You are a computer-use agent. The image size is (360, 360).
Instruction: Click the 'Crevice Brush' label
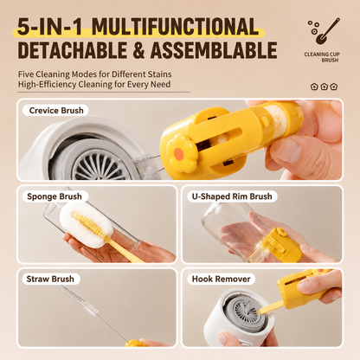click(x=56, y=111)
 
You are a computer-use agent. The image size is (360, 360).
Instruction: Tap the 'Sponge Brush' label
click(x=55, y=196)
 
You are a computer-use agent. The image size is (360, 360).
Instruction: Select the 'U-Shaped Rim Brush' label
click(x=232, y=196)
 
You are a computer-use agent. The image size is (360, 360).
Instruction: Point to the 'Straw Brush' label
click(x=50, y=279)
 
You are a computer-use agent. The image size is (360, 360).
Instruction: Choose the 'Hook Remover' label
click(x=221, y=279)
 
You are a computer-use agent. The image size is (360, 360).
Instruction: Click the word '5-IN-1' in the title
click(x=50, y=27)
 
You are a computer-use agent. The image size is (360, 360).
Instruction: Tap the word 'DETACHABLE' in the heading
click(x=72, y=50)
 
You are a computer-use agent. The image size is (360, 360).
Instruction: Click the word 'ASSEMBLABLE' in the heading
click(x=214, y=50)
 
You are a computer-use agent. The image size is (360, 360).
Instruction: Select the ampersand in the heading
click(x=138, y=50)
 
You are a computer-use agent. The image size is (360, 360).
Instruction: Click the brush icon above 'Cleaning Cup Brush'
click(x=324, y=31)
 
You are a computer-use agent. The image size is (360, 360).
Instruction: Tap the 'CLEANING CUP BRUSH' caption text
click(x=322, y=57)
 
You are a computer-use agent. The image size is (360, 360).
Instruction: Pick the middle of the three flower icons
click(x=324, y=87)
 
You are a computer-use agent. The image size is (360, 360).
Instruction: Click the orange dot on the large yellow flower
click(x=179, y=152)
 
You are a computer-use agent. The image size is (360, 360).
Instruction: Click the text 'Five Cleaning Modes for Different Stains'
click(x=95, y=74)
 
